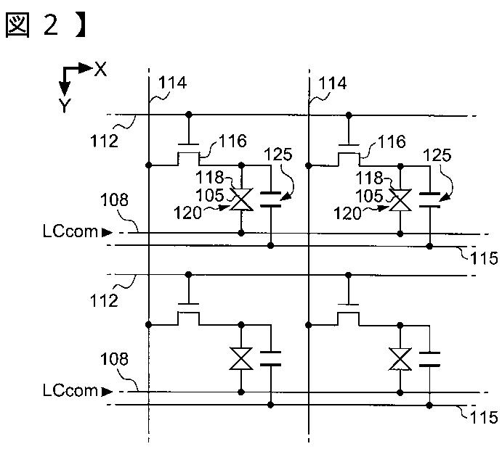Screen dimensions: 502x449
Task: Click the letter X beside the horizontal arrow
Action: point(100,69)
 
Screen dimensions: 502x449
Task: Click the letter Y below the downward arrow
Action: point(65,105)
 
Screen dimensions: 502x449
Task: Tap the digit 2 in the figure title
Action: point(51,25)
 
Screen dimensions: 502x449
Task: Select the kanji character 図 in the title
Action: point(17,25)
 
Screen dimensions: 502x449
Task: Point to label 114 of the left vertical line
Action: point(172,83)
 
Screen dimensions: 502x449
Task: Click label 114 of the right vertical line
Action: point(332,83)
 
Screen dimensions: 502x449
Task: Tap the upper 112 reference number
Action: point(104,141)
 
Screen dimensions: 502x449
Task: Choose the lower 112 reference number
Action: point(104,301)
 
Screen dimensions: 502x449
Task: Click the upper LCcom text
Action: point(70,231)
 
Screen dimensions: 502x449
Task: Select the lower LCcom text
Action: point(70,390)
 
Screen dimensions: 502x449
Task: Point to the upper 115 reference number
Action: point(484,258)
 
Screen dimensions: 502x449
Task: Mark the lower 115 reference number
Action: point(484,417)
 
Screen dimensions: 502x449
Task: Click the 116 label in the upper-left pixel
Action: point(232,141)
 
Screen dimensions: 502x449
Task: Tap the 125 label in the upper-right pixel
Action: point(437,155)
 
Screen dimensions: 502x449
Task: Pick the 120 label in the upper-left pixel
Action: point(187,213)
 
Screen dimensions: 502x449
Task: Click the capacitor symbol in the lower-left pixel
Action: point(270,358)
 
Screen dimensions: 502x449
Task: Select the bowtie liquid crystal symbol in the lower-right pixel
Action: point(400,359)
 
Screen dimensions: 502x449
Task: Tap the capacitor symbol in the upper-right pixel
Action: point(429,199)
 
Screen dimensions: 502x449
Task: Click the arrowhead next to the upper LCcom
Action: point(107,232)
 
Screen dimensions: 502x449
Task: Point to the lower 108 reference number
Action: point(114,359)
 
